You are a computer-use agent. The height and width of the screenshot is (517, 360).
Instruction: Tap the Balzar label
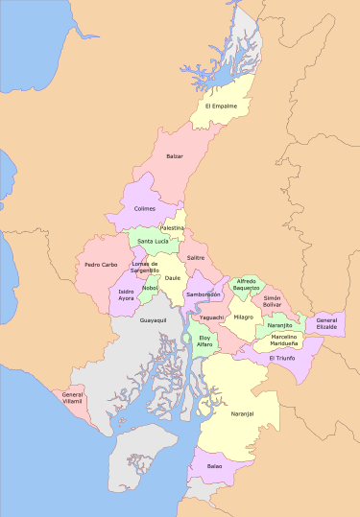pyautogui.click(x=174, y=155)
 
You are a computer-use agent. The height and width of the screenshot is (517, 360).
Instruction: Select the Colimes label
pyautogui.click(x=145, y=208)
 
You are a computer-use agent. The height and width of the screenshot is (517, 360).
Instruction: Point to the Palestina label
pyautogui.click(x=172, y=227)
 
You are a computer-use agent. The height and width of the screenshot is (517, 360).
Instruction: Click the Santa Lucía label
pyautogui.click(x=153, y=241)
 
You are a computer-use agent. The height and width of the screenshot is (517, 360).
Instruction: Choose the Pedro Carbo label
pyautogui.click(x=101, y=264)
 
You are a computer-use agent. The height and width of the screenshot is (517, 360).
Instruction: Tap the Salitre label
pyautogui.click(x=196, y=257)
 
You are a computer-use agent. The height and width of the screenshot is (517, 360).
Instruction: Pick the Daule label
pyautogui.click(x=173, y=278)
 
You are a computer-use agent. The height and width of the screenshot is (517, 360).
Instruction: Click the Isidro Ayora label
pyautogui.click(x=127, y=294)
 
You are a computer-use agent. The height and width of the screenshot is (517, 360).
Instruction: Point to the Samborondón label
pyautogui.click(x=204, y=294)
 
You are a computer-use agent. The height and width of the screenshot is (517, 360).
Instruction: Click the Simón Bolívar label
pyautogui.click(x=272, y=302)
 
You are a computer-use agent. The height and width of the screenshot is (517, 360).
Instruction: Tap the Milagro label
pyautogui.click(x=243, y=317)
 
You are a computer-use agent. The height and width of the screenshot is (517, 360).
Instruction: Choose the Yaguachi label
pyautogui.click(x=212, y=317)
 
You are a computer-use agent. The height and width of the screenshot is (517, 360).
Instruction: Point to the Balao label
pyautogui.click(x=214, y=466)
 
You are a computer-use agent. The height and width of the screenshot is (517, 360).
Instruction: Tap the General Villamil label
pyautogui.click(x=73, y=397)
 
